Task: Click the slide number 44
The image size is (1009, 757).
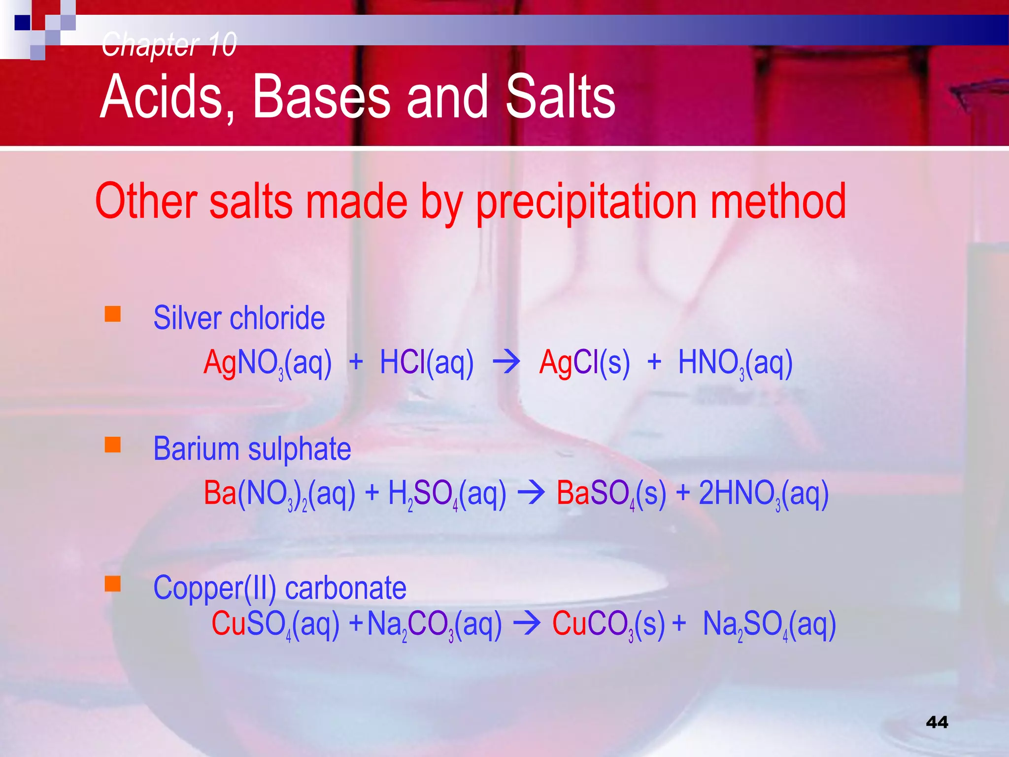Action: pyautogui.click(x=937, y=723)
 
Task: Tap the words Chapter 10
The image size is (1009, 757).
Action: pyautogui.click(x=169, y=44)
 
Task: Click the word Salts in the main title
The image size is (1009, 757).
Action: pyautogui.click(x=560, y=97)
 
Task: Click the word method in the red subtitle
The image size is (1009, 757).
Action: pyautogui.click(x=778, y=201)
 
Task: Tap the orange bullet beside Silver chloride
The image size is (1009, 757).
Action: pyautogui.click(x=113, y=314)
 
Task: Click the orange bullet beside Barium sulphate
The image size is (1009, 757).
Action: pyautogui.click(x=113, y=445)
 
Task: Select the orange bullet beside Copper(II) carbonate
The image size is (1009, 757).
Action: pyautogui.click(x=113, y=584)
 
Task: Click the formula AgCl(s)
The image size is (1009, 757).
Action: pyautogui.click(x=584, y=363)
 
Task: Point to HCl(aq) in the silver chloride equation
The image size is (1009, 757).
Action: pyautogui.click(x=427, y=363)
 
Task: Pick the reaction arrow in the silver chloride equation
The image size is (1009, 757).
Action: pyautogui.click(x=506, y=362)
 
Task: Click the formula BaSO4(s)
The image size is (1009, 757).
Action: pyautogui.click(x=611, y=493)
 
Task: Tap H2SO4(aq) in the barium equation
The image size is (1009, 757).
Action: pyautogui.click(x=447, y=493)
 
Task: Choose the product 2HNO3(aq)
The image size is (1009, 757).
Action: pyautogui.click(x=764, y=493)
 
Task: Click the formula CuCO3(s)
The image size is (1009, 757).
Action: pyautogui.click(x=608, y=624)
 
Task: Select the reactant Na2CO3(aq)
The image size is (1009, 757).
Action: pyautogui.click(x=435, y=624)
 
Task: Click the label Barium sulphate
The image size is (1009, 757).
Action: pyautogui.click(x=252, y=449)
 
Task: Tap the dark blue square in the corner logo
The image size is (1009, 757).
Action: pyautogui.click(x=23, y=23)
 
